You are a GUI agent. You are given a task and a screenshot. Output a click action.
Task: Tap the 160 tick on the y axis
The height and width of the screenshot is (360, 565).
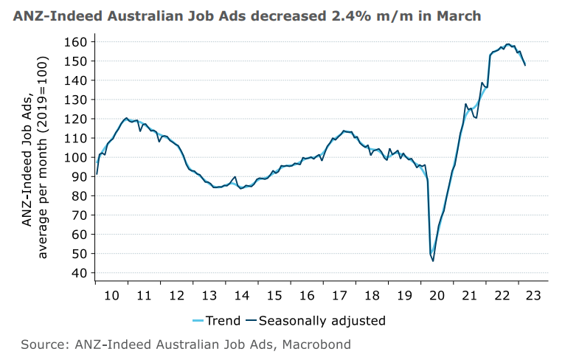(79, 42)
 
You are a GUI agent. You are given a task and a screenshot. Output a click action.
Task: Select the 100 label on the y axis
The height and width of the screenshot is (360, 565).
(79, 157)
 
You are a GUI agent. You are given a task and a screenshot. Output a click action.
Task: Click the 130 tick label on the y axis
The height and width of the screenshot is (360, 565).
(79, 100)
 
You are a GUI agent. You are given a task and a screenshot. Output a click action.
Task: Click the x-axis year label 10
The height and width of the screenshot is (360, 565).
(112, 294)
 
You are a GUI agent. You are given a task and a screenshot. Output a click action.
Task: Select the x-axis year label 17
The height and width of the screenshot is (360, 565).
(339, 294)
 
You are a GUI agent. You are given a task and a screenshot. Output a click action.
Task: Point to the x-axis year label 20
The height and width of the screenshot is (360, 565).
(437, 294)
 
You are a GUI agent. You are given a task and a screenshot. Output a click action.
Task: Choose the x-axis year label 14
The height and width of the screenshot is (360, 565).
(242, 294)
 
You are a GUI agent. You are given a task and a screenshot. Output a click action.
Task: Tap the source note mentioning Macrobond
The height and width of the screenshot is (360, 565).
(186, 345)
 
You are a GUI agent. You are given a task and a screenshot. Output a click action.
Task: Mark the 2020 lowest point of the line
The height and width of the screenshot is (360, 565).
(433, 260)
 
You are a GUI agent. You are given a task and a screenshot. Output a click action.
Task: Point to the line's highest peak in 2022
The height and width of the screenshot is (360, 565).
(507, 44)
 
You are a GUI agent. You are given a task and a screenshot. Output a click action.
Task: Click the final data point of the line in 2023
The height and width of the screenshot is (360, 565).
(524, 66)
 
